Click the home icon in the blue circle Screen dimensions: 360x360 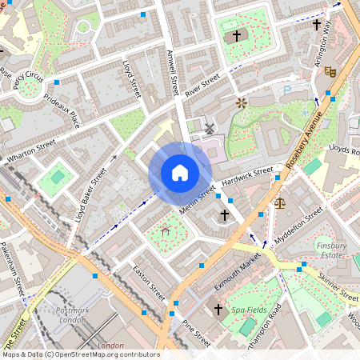pyautogui.click(x=180, y=173)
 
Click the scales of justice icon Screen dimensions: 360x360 pyautogui.click(x=279, y=202)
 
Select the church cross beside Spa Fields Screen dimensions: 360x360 pyautogui.click(x=218, y=309)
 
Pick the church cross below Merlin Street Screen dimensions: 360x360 pyautogui.click(x=225, y=215)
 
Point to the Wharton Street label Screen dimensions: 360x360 pyautogui.click(x=31, y=152)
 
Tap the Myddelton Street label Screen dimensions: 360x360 pyautogui.click(x=298, y=225)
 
